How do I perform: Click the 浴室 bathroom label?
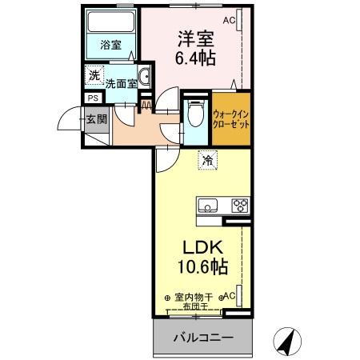(111, 45)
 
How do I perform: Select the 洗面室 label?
(121, 82)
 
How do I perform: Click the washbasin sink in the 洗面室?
(146, 78)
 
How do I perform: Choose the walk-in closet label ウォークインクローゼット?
(232, 118)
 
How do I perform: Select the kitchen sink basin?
(207, 205)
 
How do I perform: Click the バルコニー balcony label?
(204, 338)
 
